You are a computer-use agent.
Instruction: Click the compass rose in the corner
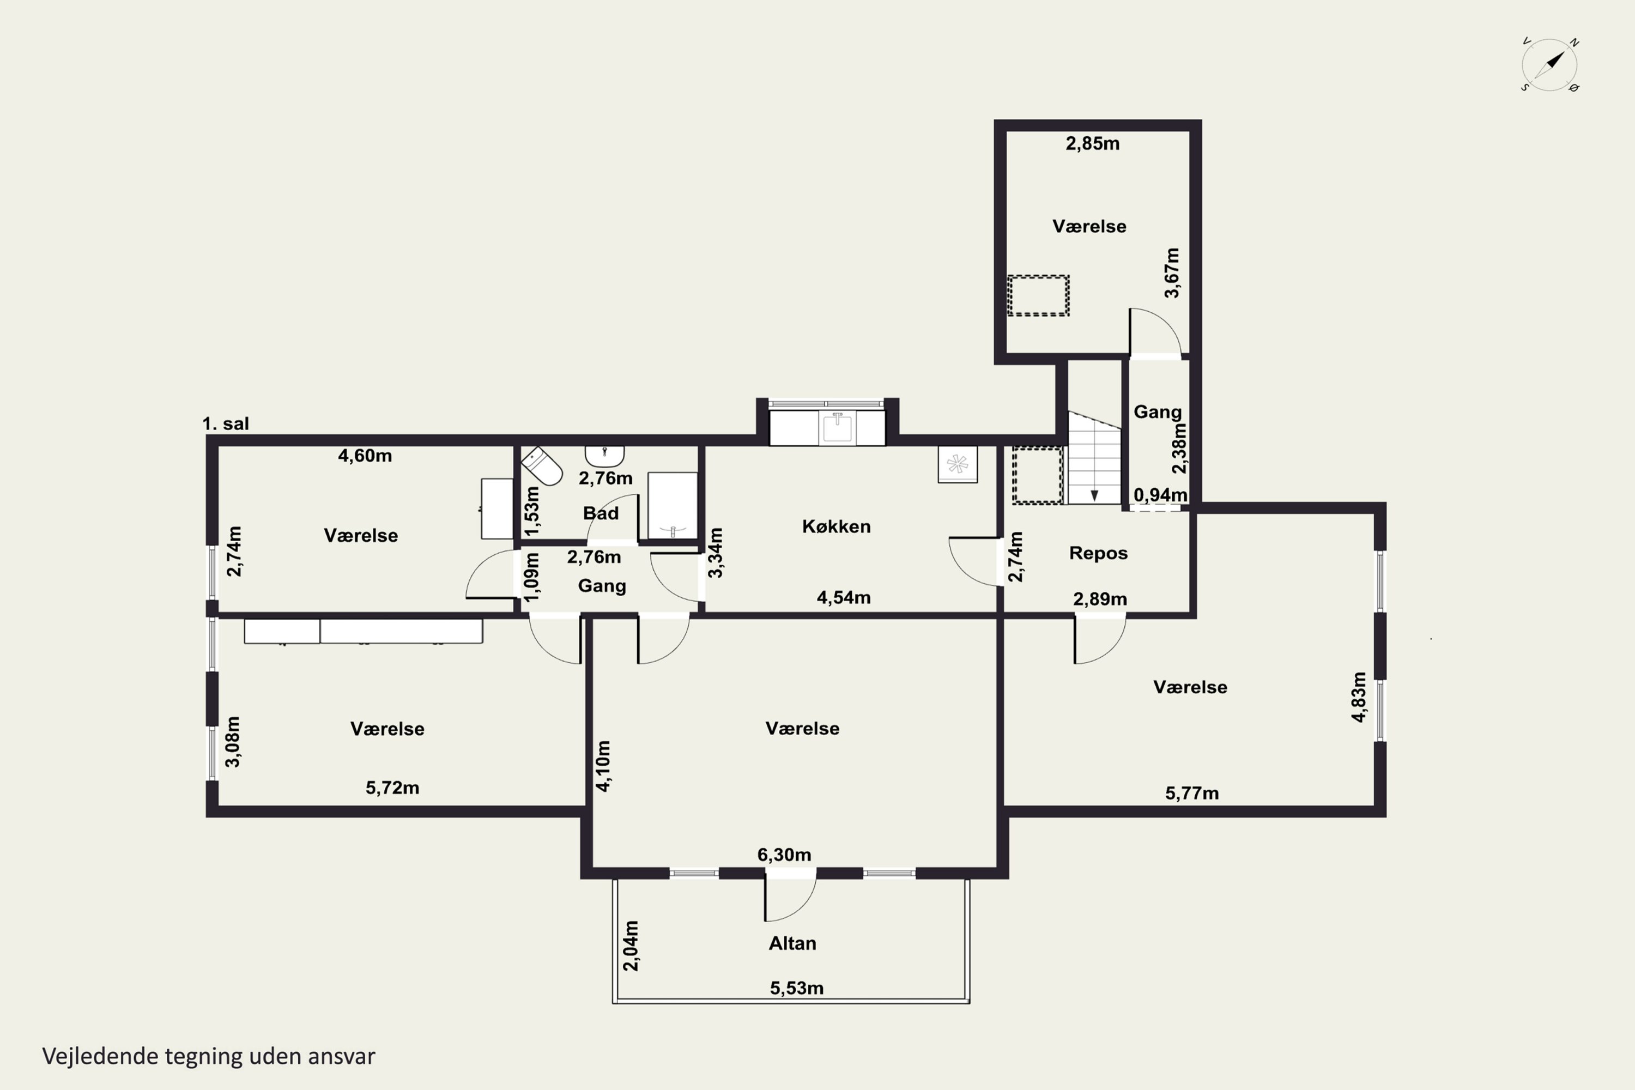tap(1549, 65)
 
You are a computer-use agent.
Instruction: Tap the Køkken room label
tap(836, 526)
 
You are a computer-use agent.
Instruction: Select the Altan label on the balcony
tap(792, 943)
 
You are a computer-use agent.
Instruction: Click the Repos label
tap(1098, 553)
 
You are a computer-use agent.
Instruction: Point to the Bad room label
tap(601, 513)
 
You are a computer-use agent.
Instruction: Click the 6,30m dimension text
tap(784, 855)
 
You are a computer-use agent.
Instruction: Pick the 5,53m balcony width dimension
tap(797, 988)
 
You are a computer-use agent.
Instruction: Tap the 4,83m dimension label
tap(1359, 697)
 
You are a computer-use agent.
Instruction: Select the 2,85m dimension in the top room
tap(1093, 143)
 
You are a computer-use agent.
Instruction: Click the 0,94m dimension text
tap(1160, 494)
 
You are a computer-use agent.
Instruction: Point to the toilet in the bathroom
tap(542, 466)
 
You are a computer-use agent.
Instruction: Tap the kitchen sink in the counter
tap(838, 427)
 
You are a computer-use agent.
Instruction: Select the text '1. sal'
tap(225, 423)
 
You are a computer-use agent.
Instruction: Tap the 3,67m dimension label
tap(1172, 272)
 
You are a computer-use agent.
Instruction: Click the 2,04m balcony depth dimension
tap(631, 946)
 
